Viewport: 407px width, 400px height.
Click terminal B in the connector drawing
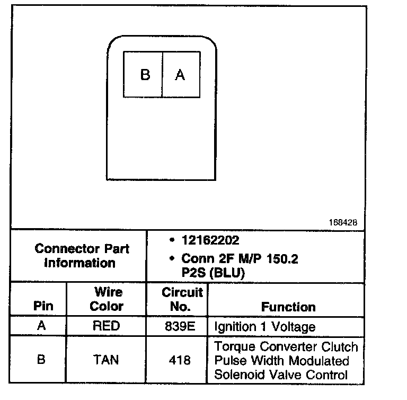(145, 75)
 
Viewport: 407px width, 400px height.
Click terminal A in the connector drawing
(180, 75)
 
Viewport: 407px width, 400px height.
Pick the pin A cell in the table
(41, 326)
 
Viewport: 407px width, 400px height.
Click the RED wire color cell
(106, 326)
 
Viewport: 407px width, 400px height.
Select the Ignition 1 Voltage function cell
(264, 327)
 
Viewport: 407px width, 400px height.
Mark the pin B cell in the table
(41, 360)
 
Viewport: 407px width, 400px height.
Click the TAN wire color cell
(106, 360)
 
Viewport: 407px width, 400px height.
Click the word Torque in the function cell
(233, 347)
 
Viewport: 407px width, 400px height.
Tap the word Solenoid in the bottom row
(236, 375)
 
